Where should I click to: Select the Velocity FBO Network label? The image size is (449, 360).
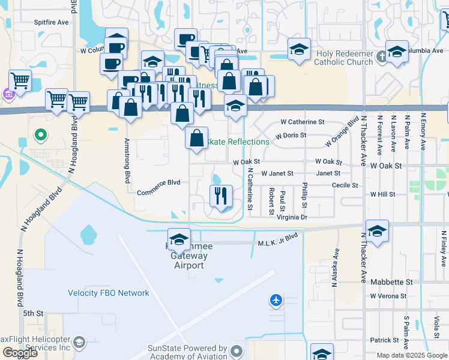click(108, 293)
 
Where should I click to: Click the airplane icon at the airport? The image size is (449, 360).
click(276, 299)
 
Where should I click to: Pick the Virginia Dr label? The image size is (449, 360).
click(292, 218)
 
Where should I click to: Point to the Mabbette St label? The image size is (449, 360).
click(391, 281)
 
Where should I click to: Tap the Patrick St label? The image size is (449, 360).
click(384, 340)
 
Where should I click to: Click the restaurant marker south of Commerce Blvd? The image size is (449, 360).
click(221, 196)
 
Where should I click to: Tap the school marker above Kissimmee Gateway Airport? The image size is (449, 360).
click(178, 239)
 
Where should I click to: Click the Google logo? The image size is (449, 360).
click(19, 353)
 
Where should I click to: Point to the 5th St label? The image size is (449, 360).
click(34, 313)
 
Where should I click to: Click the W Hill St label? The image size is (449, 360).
click(382, 194)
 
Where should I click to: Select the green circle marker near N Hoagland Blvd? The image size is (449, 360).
click(41, 135)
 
